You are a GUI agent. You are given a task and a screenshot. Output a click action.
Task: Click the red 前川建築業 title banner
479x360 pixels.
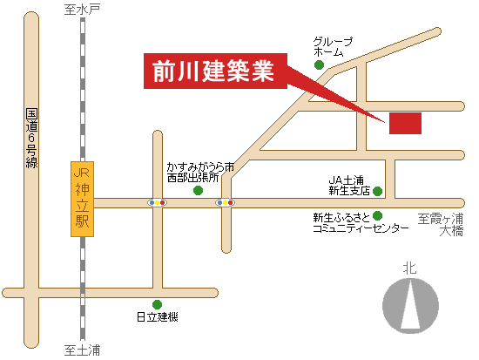click(215, 71)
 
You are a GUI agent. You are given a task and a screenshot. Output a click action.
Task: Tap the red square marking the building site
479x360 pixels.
click(405, 123)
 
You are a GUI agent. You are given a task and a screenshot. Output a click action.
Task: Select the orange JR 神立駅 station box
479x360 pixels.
click(82, 199)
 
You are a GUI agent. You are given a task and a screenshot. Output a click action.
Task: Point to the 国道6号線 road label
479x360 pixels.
click(31, 138)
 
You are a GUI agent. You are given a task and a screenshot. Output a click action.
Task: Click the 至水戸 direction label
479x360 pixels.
click(82, 10)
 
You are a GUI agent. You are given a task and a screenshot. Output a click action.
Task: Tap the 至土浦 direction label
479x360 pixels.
click(82, 350)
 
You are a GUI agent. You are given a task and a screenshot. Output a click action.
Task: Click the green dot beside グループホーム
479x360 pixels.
click(320, 65)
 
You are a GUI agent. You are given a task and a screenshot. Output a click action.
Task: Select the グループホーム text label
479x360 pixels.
click(333, 46)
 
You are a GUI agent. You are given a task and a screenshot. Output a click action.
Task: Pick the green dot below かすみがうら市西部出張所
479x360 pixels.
click(199, 191)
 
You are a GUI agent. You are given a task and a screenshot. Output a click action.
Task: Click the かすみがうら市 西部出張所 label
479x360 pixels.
click(200, 173)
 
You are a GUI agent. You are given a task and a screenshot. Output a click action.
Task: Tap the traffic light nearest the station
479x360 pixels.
click(157, 202)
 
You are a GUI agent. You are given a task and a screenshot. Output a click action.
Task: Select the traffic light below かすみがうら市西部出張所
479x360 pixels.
click(226, 202)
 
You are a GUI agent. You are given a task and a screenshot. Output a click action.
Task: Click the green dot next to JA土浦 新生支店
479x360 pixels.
click(378, 191)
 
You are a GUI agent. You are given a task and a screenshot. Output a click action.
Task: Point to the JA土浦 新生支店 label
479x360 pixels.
click(349, 186)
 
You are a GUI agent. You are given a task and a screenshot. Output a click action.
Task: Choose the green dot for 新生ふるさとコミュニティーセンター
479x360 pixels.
click(378, 215)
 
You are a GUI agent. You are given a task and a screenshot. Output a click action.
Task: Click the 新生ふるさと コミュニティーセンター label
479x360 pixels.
click(361, 223)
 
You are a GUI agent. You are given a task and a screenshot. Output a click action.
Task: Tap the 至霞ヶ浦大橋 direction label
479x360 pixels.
click(441, 225)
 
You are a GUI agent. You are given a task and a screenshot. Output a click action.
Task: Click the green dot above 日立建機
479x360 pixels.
click(157, 304)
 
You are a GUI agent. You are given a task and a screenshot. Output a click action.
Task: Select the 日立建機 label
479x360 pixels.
click(158, 317)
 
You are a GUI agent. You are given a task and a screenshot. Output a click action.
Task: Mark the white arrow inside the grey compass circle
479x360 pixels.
click(410, 306)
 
